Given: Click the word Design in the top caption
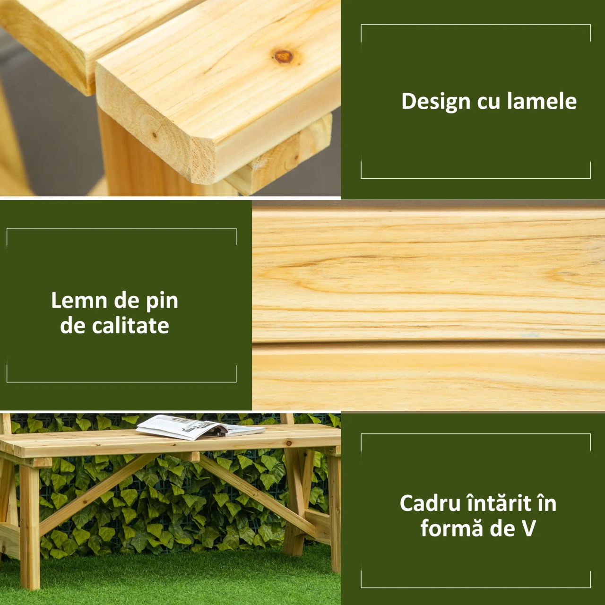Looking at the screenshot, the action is [436, 102].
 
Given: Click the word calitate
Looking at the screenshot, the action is [130, 326].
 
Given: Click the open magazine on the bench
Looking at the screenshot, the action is [200, 427].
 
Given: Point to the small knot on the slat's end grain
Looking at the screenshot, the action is [154, 135].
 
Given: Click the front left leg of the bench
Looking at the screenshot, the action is [30, 527].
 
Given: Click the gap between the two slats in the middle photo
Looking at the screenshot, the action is [429, 342].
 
